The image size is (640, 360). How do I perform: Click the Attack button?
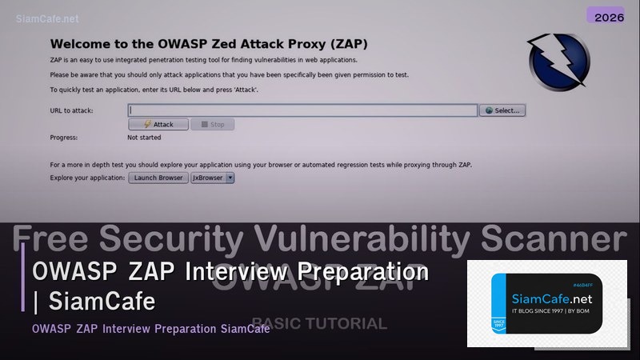(158, 125)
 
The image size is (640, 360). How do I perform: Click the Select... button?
(502, 110)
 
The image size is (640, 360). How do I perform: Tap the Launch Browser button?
(158, 178)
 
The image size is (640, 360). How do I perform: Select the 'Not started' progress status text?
(144, 138)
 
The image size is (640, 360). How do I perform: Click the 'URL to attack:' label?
(71, 110)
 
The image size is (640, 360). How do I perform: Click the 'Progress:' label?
(64, 138)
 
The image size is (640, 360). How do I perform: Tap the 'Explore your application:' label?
(87, 178)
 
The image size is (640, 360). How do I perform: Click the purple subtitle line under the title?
(150, 329)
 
